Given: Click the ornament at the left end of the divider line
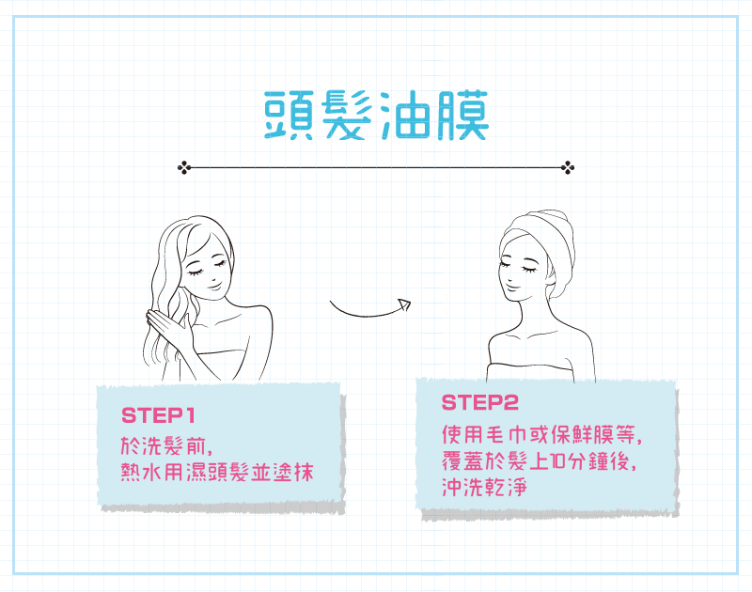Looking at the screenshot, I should (183, 168).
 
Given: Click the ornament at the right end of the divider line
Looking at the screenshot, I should (568, 168).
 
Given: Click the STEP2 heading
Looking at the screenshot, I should (479, 404).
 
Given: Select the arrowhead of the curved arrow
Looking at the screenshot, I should (404, 304).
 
